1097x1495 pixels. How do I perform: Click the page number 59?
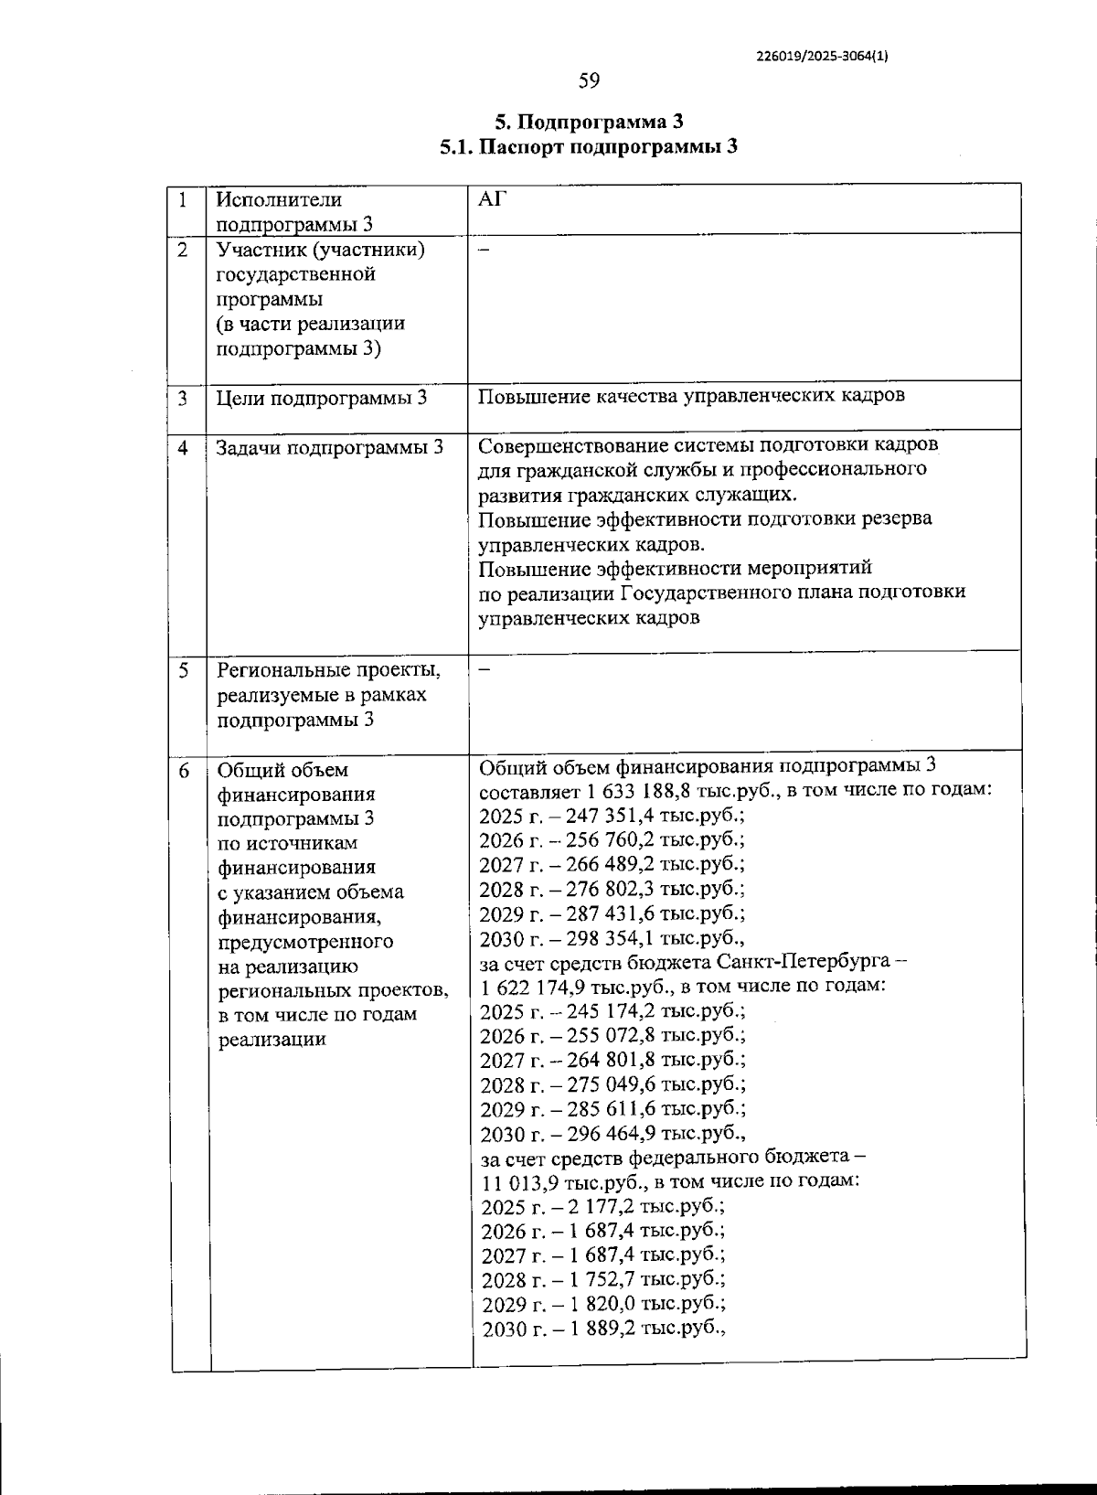pyautogui.click(x=589, y=81)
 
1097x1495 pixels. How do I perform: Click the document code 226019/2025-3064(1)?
pyautogui.click(x=822, y=55)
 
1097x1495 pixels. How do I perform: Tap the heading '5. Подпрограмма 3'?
pyautogui.click(x=589, y=123)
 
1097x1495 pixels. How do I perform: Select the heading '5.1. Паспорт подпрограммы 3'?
pyautogui.click(x=589, y=147)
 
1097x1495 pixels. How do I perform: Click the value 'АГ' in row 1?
pyautogui.click(x=492, y=199)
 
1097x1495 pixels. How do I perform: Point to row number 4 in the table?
pyautogui.click(x=185, y=448)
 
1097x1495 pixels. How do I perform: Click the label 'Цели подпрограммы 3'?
pyautogui.click(x=322, y=399)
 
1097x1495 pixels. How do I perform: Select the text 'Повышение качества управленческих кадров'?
pyautogui.click(x=691, y=395)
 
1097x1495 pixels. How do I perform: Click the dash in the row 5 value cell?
pyautogui.click(x=485, y=669)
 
